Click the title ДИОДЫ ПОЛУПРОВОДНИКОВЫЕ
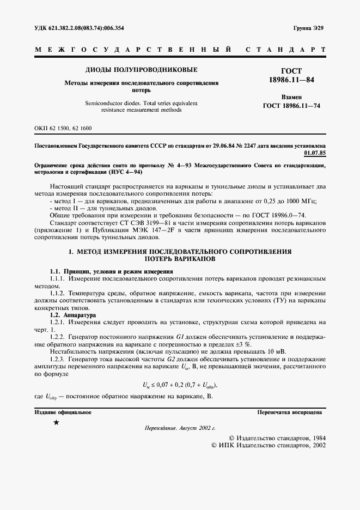142,70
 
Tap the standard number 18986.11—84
291,80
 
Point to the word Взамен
291,96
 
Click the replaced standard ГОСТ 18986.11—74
291,106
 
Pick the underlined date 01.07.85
314,154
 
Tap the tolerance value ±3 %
242,345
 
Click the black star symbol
56,423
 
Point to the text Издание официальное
63,412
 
